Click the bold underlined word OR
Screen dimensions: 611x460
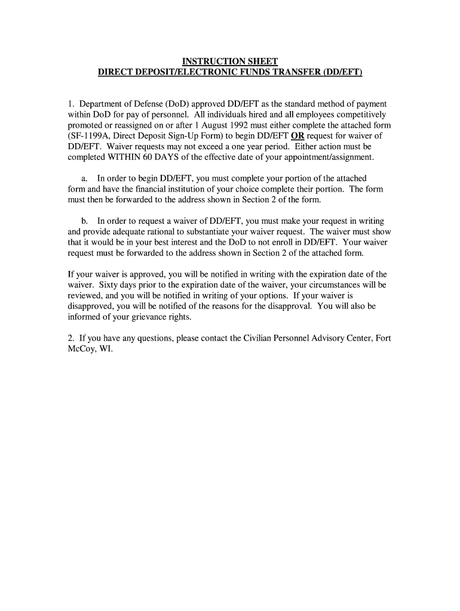point(298,135)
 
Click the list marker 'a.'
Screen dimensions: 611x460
point(85,178)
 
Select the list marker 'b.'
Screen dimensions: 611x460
point(85,221)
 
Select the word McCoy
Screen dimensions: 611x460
point(82,349)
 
